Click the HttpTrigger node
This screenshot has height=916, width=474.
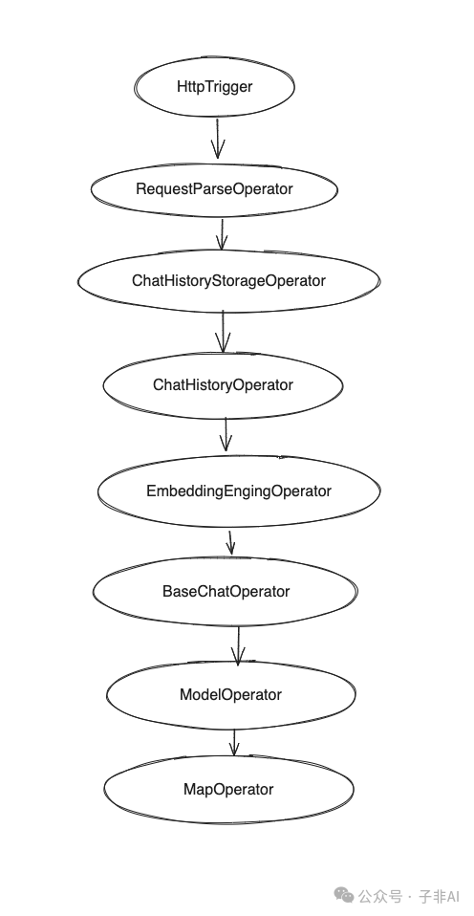tap(215, 86)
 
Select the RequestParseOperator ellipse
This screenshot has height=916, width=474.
tap(214, 189)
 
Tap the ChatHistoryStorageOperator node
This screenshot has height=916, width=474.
tap(228, 281)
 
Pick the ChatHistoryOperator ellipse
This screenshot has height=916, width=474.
tap(223, 384)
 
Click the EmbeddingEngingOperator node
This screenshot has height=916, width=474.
tap(239, 491)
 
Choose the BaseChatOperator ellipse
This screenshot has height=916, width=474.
tap(226, 591)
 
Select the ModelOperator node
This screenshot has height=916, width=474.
tap(230, 695)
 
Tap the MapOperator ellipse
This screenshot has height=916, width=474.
tap(227, 789)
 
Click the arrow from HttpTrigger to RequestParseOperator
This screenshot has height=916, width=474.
tap(217, 137)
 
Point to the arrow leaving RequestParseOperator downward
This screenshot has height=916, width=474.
tap(221, 233)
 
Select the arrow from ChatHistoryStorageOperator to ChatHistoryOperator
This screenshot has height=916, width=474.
tap(223, 331)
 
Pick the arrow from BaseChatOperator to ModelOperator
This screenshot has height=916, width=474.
tap(238, 643)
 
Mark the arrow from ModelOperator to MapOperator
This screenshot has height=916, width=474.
tap(233, 742)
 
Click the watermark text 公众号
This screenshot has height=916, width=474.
tap(380, 896)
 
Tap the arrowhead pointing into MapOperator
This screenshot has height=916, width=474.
tap(233, 752)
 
